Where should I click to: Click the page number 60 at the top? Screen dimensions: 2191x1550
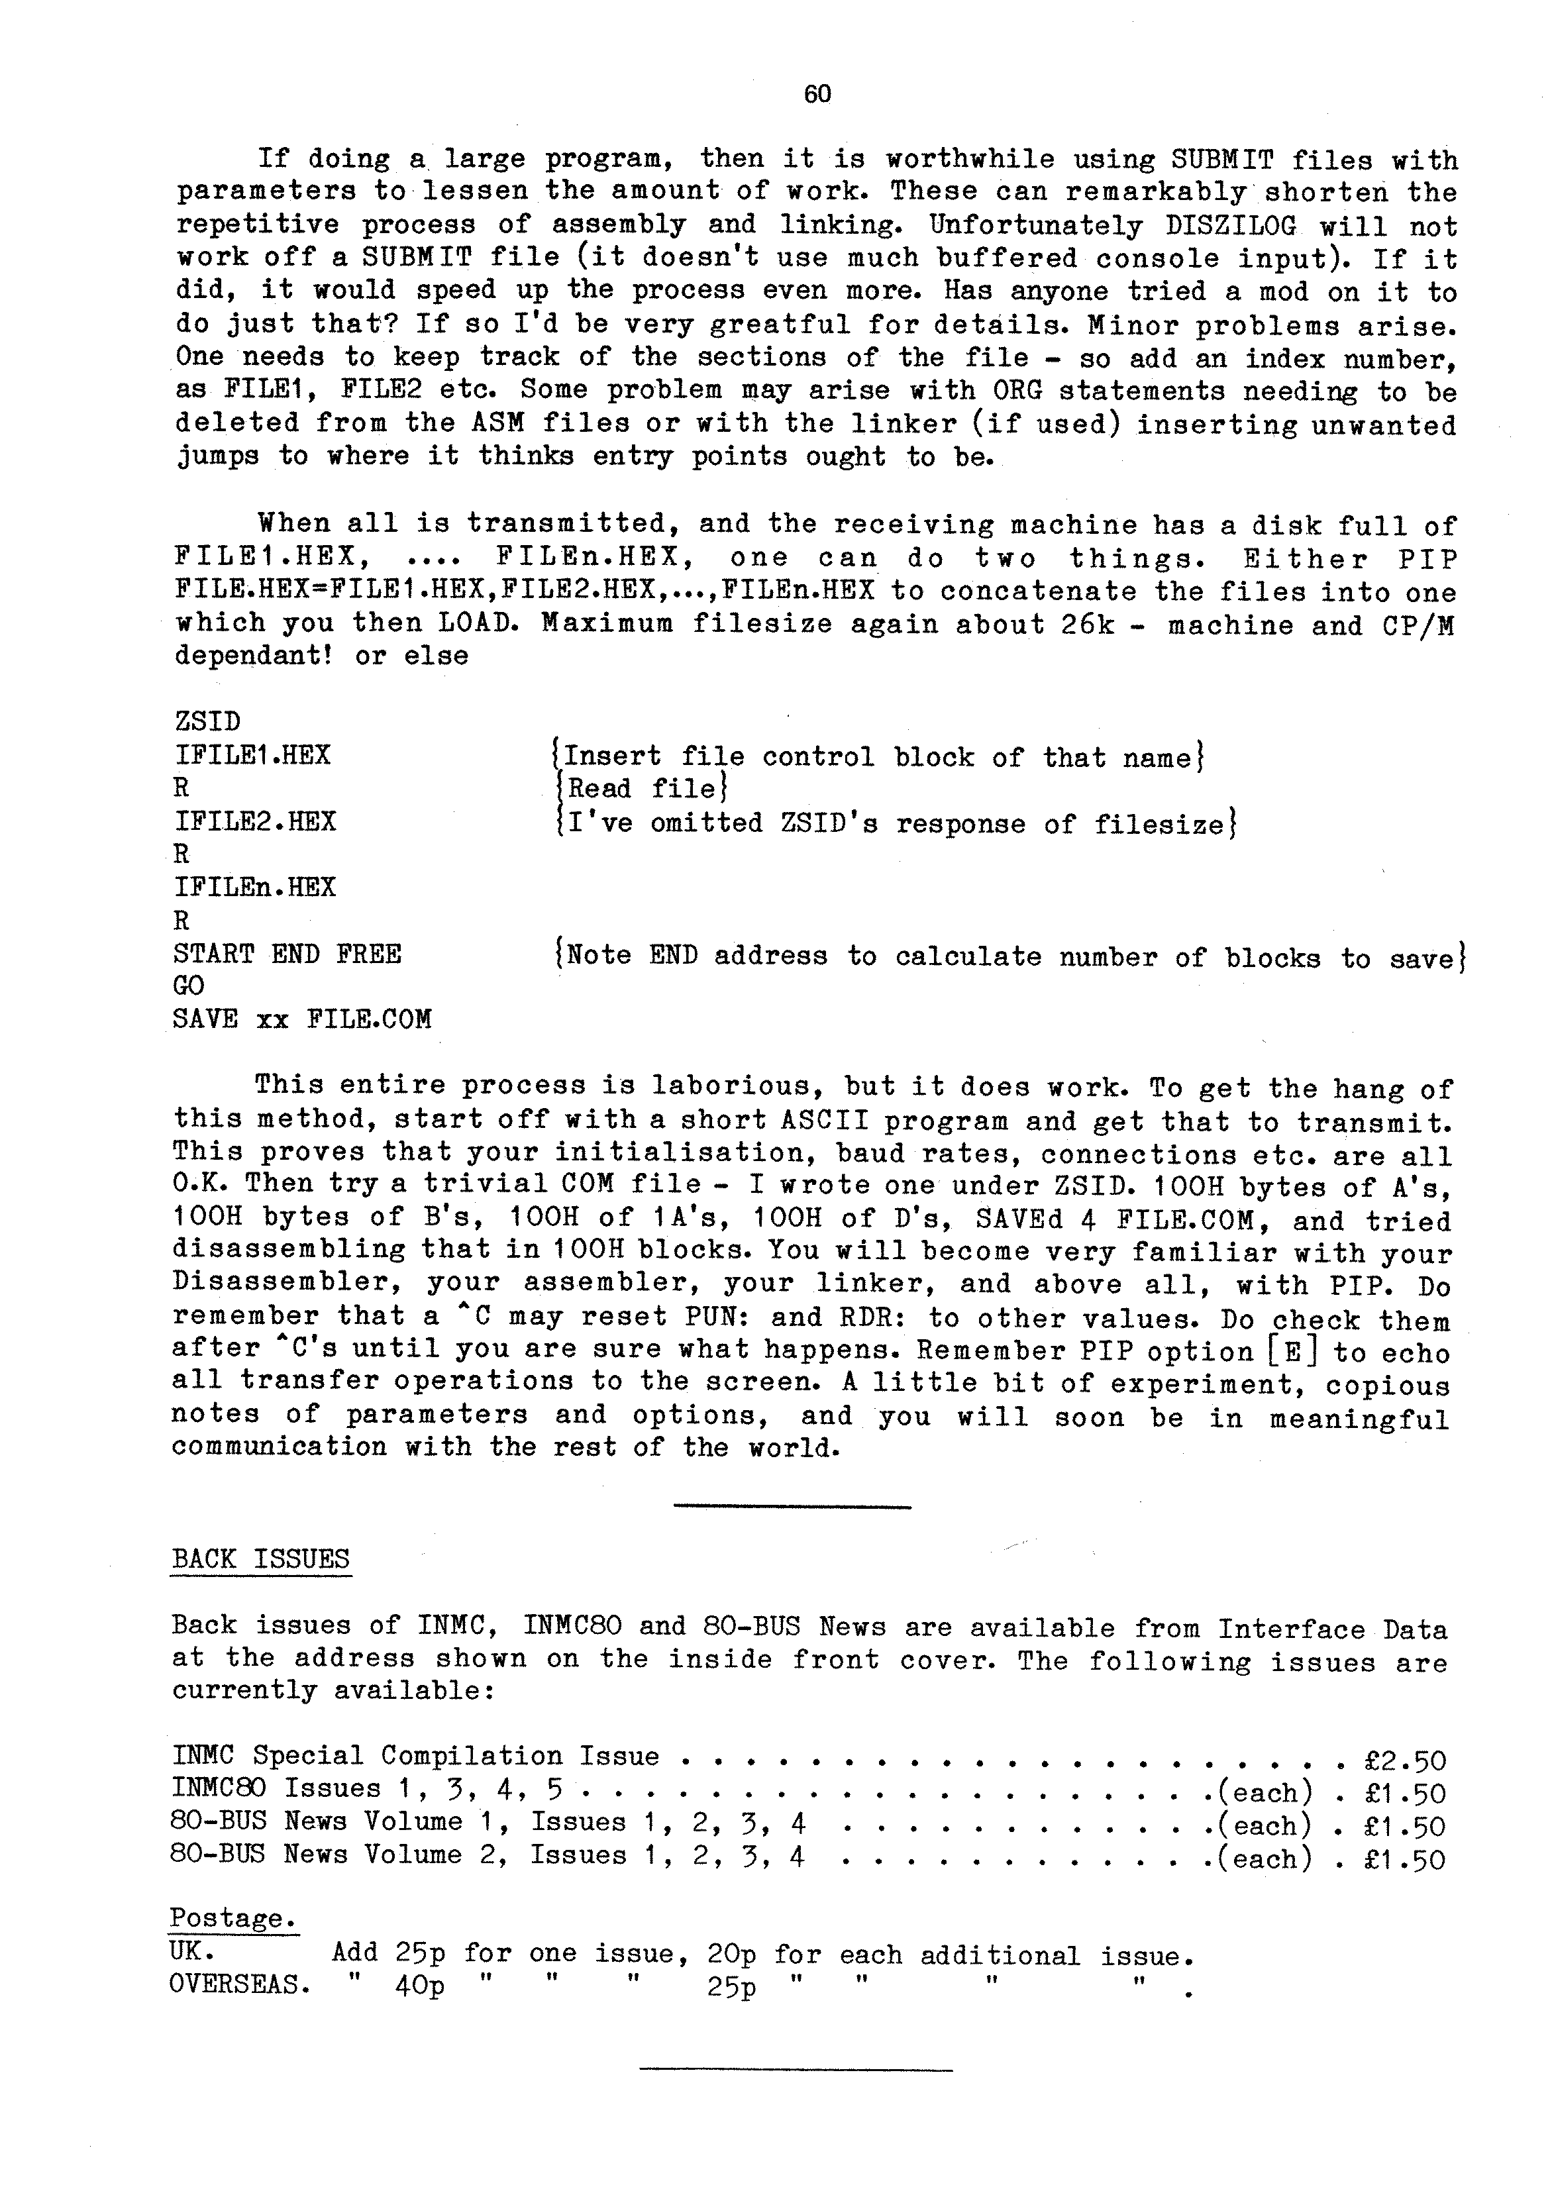tap(817, 93)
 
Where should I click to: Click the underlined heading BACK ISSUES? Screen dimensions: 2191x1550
tap(260, 1559)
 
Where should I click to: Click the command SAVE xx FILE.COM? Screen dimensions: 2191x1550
tap(301, 1020)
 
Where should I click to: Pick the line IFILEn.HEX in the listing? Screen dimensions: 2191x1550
tap(255, 888)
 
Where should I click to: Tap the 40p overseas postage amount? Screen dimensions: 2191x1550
tap(419, 1987)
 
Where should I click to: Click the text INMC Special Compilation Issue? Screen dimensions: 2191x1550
tap(415, 1756)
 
